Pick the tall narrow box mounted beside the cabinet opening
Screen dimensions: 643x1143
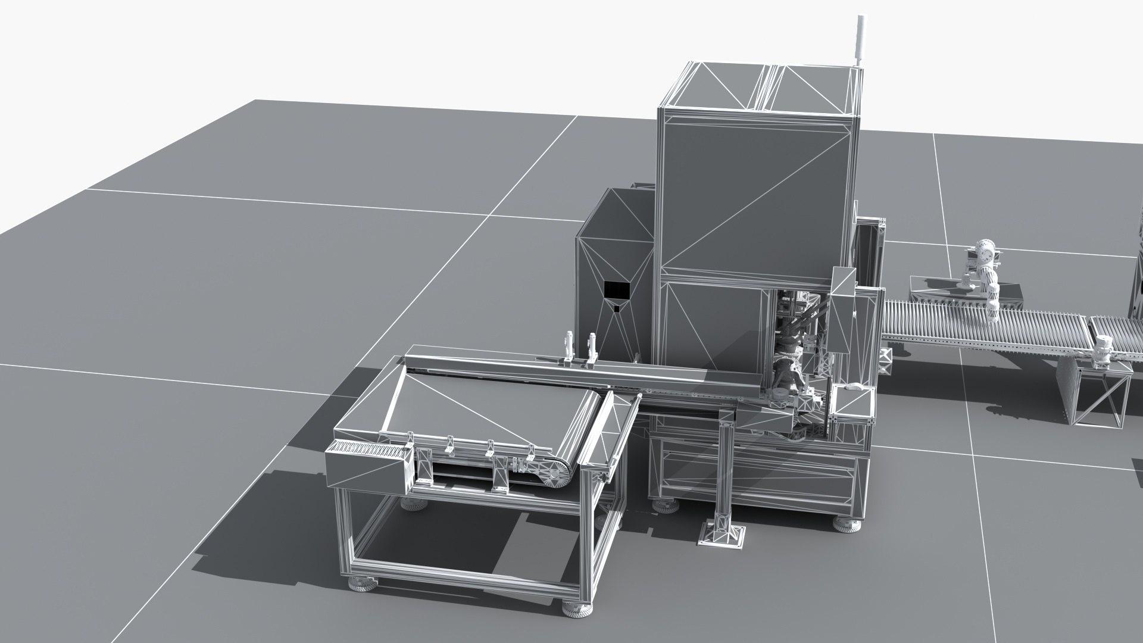pos(842,316)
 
